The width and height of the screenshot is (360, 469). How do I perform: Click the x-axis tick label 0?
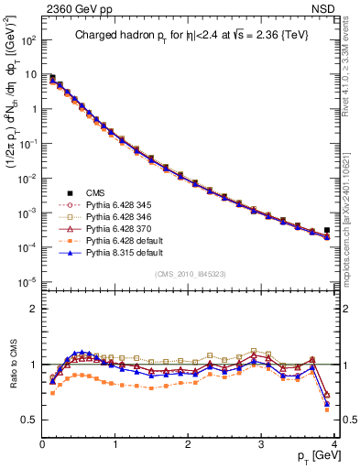coord(42,444)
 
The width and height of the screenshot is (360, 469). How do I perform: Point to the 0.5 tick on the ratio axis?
coord(29,420)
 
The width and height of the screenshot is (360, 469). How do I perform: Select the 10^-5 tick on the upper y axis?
coord(27,281)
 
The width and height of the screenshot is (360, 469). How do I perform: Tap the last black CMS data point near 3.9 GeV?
coord(327,231)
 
